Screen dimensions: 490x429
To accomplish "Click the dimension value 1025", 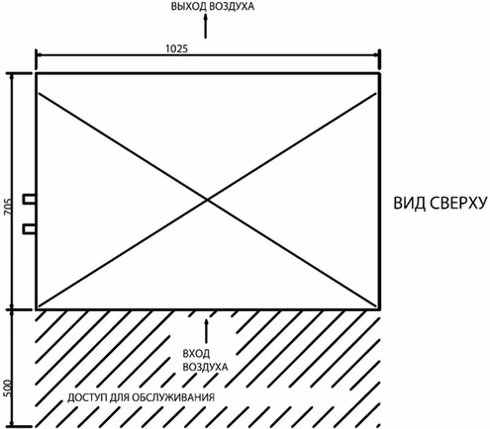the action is pyautogui.click(x=176, y=48).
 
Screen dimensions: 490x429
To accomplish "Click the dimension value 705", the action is pyautogui.click(x=8, y=208).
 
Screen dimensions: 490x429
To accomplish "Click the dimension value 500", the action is pyautogui.click(x=8, y=388).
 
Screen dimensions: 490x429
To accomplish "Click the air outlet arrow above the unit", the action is pyautogui.click(x=206, y=27).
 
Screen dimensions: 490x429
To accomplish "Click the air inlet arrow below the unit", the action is pyautogui.click(x=207, y=331).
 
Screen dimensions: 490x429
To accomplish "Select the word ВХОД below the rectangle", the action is pyautogui.click(x=196, y=354).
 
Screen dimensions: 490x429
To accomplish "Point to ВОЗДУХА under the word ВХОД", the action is pyautogui.click(x=205, y=367).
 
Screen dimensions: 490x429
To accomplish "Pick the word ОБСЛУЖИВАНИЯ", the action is pyautogui.click(x=173, y=397).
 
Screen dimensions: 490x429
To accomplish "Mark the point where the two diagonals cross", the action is pyautogui.click(x=207, y=200).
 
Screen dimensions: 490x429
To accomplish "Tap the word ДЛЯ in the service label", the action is pyautogui.click(x=119, y=397).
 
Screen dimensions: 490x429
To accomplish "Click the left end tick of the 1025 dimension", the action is pyautogui.click(x=36, y=55).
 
